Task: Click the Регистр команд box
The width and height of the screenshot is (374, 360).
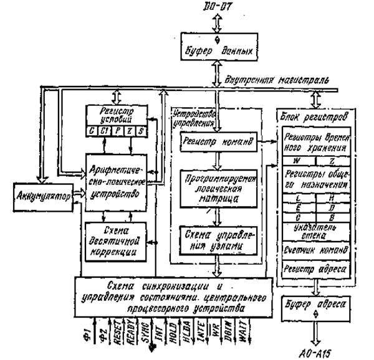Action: click(214, 142)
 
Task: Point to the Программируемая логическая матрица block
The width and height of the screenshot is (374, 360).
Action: click(214, 189)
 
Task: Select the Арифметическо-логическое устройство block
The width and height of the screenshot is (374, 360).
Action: click(118, 181)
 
